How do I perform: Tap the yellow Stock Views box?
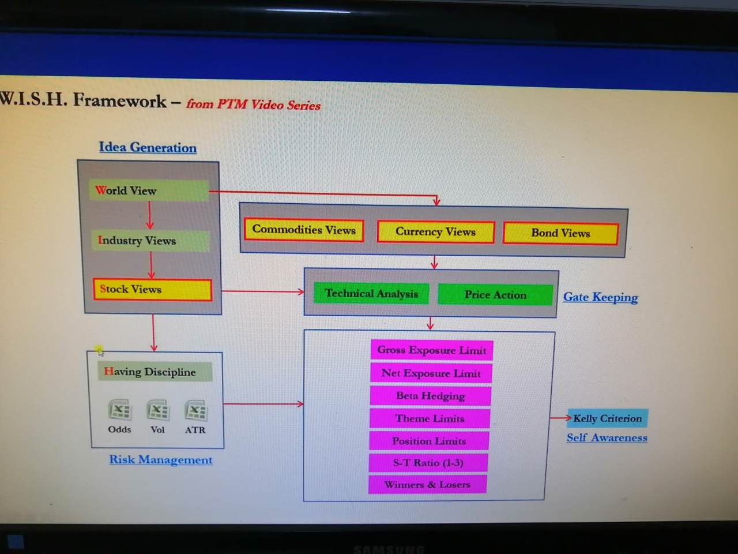pos(152,290)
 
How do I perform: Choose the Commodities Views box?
pos(304,230)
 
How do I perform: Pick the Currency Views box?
pos(435,232)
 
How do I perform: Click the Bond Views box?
pos(560,233)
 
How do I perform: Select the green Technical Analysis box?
pos(371,293)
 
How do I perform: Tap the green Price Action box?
pos(495,295)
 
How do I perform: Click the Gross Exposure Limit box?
pos(431,350)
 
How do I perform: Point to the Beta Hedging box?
pos(430,396)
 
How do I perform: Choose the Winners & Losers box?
pos(427,485)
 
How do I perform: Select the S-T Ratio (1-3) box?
pos(428,463)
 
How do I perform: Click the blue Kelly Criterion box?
pos(608,418)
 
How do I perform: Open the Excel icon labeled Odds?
pos(119,410)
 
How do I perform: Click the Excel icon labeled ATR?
pos(195,411)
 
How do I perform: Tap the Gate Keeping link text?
pos(600,297)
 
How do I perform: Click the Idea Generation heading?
pos(148,148)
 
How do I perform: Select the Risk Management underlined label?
pos(161,460)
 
